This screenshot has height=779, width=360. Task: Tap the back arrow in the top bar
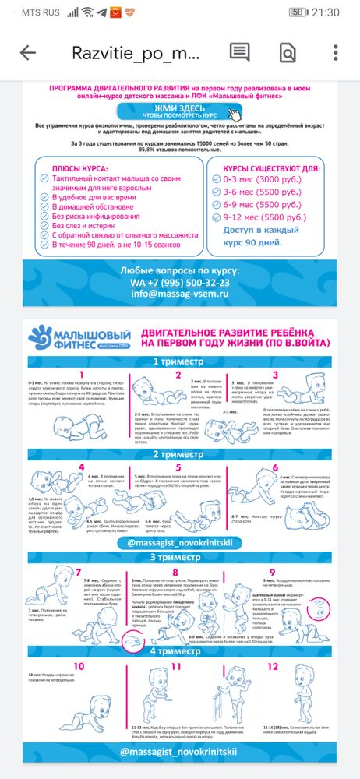pyautogui.click(x=28, y=53)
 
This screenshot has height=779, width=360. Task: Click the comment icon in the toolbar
pyautogui.click(x=238, y=52)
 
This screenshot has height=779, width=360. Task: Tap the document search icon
pyautogui.click(x=288, y=53)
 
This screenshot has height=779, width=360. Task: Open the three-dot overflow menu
pyautogui.click(x=335, y=53)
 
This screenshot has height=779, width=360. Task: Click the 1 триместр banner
pyautogui.click(x=178, y=361)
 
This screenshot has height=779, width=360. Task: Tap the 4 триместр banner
pyautogui.click(x=178, y=651)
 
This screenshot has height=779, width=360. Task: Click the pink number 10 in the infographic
pyautogui.click(x=79, y=668)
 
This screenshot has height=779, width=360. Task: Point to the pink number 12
pyautogui.click(x=272, y=668)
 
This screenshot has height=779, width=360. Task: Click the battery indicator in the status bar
pyautogui.click(x=297, y=12)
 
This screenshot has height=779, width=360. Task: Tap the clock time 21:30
pyautogui.click(x=326, y=12)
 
